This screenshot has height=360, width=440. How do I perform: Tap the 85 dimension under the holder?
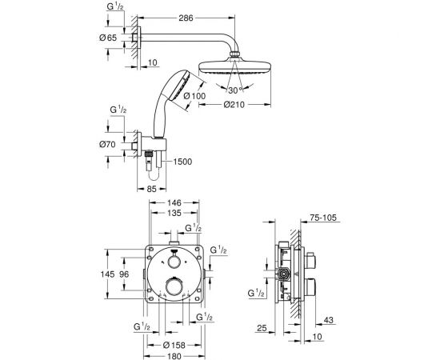point(152,189)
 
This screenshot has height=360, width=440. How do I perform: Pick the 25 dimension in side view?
point(264,328)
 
